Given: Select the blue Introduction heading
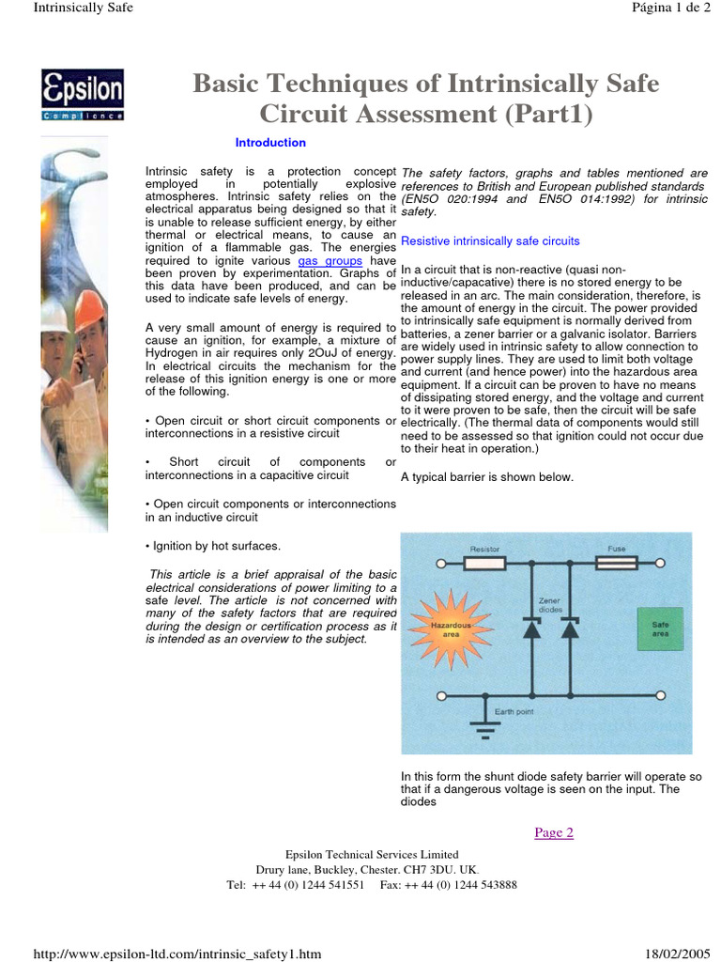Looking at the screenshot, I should tap(270, 143).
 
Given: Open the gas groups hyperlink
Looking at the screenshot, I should tap(330, 260).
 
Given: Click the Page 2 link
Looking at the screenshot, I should tap(553, 832).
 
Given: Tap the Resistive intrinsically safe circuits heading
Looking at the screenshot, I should tap(490, 241).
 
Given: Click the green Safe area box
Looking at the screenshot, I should tap(655, 628).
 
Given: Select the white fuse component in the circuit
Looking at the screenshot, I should tap(617, 564).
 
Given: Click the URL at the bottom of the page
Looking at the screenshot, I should tap(177, 954).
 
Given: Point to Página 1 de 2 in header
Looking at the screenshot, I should tap(673, 8).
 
